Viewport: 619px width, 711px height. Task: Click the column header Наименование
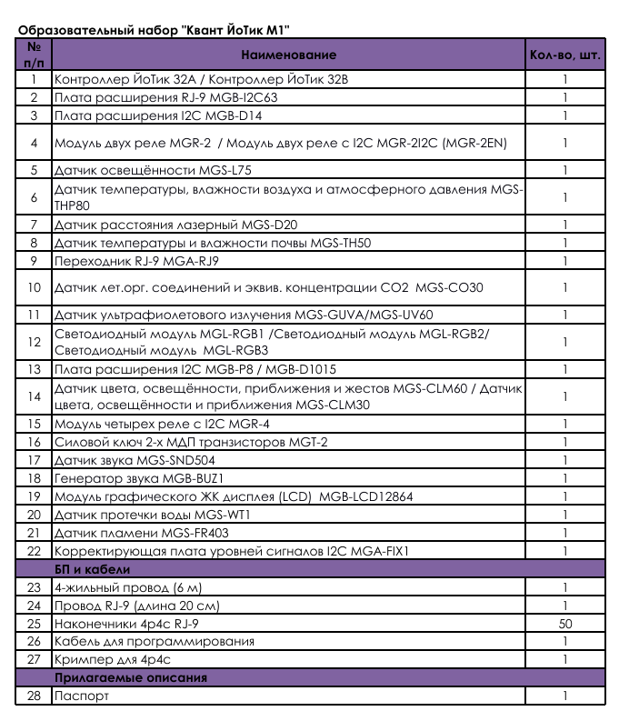(x=289, y=55)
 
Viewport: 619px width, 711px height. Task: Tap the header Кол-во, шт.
(x=564, y=55)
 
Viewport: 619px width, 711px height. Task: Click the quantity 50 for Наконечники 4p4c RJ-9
(x=564, y=624)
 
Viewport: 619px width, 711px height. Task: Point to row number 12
(x=35, y=342)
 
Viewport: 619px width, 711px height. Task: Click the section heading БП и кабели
(x=92, y=569)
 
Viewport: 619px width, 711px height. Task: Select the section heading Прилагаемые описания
(x=130, y=677)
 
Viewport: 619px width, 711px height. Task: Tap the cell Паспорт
(x=82, y=696)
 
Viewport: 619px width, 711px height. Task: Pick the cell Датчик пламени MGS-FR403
(x=142, y=533)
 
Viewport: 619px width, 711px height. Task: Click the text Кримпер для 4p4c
(x=113, y=659)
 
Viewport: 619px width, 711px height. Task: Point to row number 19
(x=35, y=496)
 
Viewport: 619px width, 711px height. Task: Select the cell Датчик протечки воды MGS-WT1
(x=152, y=515)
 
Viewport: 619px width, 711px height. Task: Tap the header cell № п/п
(x=35, y=55)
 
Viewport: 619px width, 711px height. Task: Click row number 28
(x=35, y=696)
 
